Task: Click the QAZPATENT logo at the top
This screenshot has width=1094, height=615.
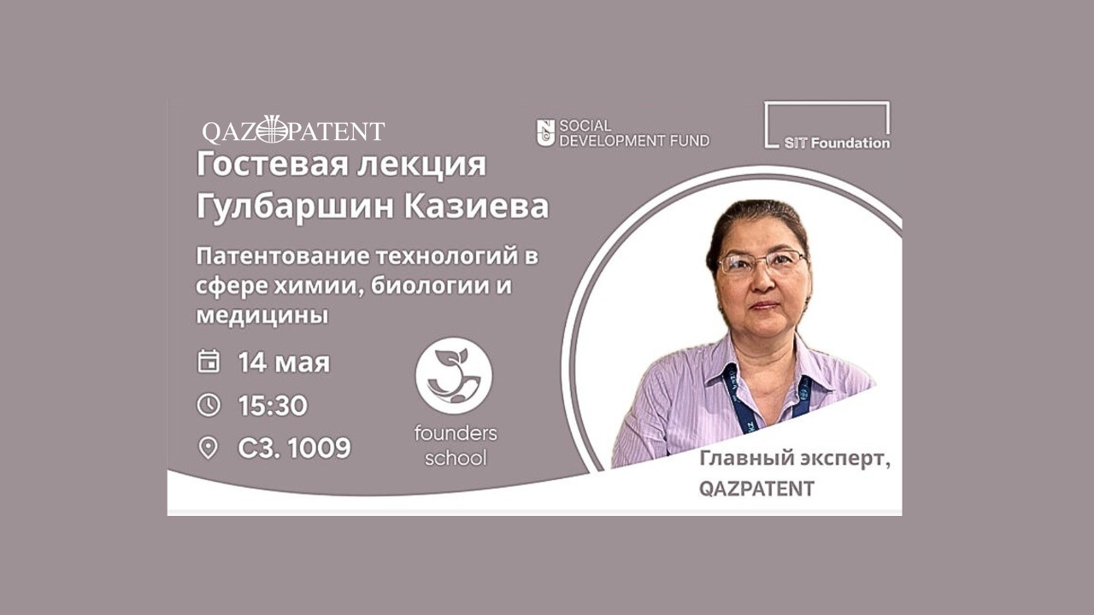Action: pyautogui.click(x=293, y=130)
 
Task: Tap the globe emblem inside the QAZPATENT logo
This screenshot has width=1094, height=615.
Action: pyautogui.click(x=273, y=130)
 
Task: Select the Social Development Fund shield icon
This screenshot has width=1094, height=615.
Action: pyautogui.click(x=545, y=132)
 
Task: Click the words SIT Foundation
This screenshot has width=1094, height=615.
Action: pyautogui.click(x=837, y=143)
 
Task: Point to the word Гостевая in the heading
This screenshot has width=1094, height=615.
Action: pyautogui.click(x=272, y=165)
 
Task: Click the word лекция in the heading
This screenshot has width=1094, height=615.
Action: pyautogui.click(x=422, y=166)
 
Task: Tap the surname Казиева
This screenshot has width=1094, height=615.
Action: pyautogui.click(x=476, y=207)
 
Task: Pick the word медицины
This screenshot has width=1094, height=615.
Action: pyautogui.click(x=262, y=316)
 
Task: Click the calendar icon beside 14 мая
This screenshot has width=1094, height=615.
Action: pyautogui.click(x=209, y=361)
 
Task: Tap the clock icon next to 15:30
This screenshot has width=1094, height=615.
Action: pyautogui.click(x=209, y=405)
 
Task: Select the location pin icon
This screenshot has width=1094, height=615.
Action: pyautogui.click(x=208, y=448)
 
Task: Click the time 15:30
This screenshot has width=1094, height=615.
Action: pyautogui.click(x=273, y=405)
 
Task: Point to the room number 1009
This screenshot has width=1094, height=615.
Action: pyautogui.click(x=320, y=448)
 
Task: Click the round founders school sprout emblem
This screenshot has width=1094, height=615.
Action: pyautogui.click(x=454, y=376)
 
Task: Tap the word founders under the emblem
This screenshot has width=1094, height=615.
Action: pyautogui.click(x=456, y=433)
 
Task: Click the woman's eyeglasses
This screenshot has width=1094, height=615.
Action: pyautogui.click(x=762, y=261)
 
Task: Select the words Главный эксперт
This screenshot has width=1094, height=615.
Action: pyautogui.click(x=795, y=460)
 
